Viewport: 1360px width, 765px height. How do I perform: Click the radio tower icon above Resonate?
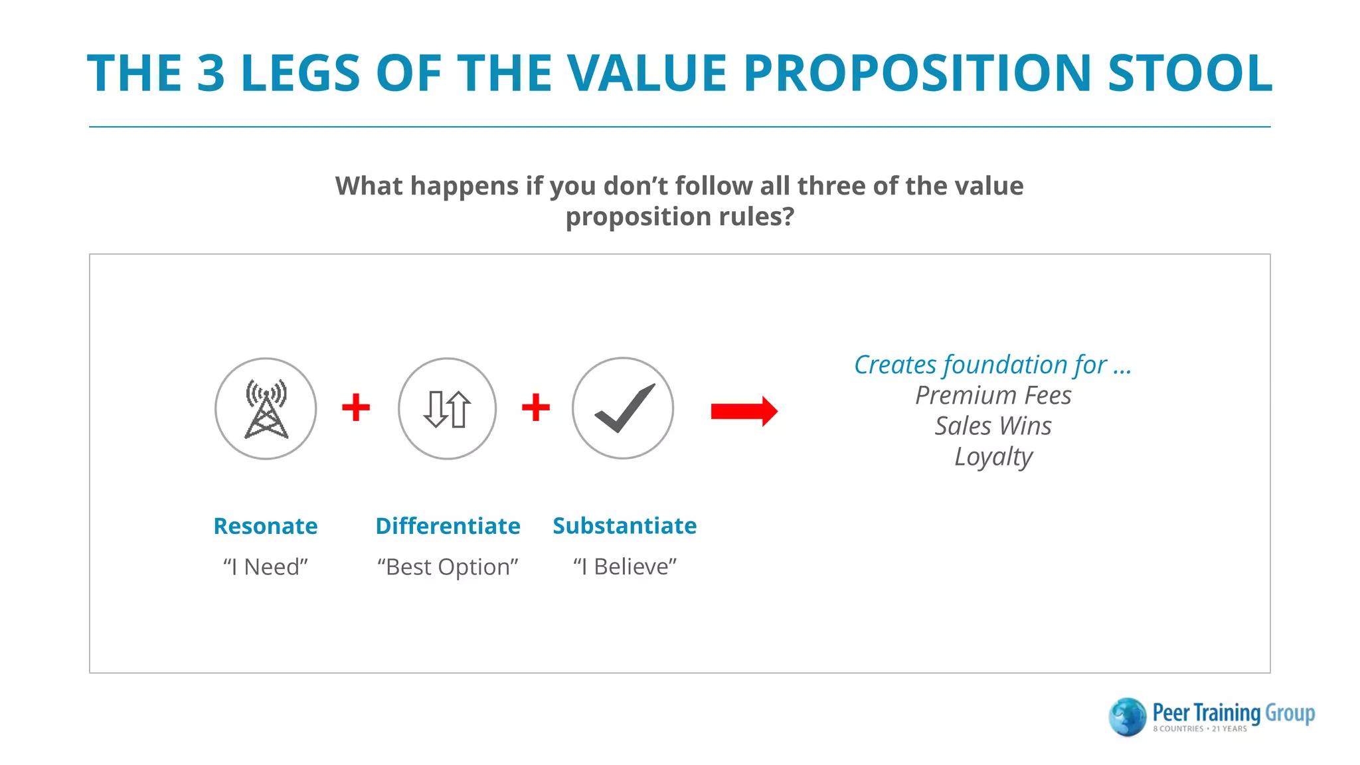(x=266, y=408)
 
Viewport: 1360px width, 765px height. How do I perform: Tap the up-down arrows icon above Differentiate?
(x=447, y=408)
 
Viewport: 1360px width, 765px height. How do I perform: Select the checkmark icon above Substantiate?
(x=623, y=408)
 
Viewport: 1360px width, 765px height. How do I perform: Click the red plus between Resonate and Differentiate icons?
(x=356, y=407)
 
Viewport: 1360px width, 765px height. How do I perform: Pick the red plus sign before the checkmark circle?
(x=535, y=407)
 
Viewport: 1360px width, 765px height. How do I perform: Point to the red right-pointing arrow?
(x=744, y=411)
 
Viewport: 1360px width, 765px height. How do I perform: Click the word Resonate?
(x=265, y=526)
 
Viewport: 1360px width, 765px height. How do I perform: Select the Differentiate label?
(x=448, y=526)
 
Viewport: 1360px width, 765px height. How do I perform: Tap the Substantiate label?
(x=624, y=526)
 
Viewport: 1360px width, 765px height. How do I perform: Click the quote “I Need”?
(x=265, y=567)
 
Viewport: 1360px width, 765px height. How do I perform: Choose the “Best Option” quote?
(x=448, y=567)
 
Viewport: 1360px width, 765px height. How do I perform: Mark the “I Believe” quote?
(x=624, y=566)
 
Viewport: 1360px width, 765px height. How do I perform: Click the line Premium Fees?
(x=993, y=396)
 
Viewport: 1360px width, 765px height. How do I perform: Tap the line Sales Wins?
(x=993, y=426)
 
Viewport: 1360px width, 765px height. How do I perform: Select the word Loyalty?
(x=993, y=457)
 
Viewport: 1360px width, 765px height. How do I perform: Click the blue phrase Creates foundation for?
(x=980, y=365)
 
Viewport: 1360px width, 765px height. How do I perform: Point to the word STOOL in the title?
(x=1189, y=73)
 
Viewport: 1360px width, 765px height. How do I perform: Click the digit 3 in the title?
(x=211, y=73)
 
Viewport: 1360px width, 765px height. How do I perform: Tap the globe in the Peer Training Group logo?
(x=1127, y=717)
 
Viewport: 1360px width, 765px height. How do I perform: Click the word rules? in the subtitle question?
(x=756, y=217)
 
